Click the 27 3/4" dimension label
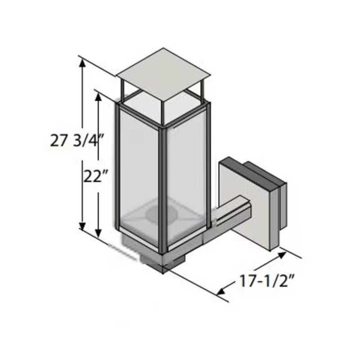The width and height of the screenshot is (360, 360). pyautogui.click(x=77, y=141)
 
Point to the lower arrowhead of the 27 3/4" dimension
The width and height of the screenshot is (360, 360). pyautogui.click(x=82, y=225)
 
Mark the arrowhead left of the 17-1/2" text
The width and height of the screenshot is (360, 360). pyautogui.click(x=221, y=291)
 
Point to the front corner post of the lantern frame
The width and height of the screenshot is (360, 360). pyautogui.click(x=164, y=189)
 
